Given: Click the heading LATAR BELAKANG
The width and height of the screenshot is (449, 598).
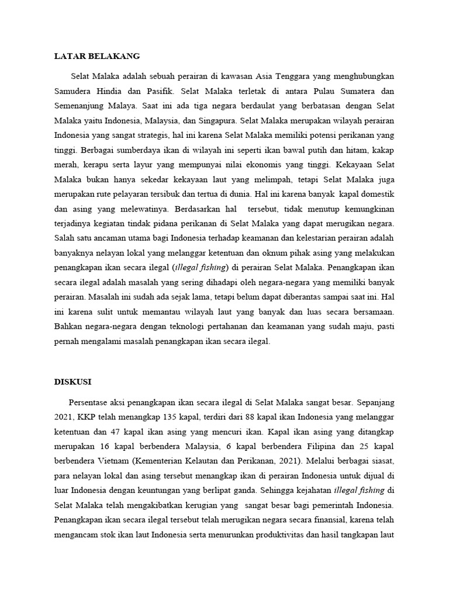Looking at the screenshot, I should click(97, 57).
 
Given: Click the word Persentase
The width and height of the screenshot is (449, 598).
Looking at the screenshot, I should click(89, 402).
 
